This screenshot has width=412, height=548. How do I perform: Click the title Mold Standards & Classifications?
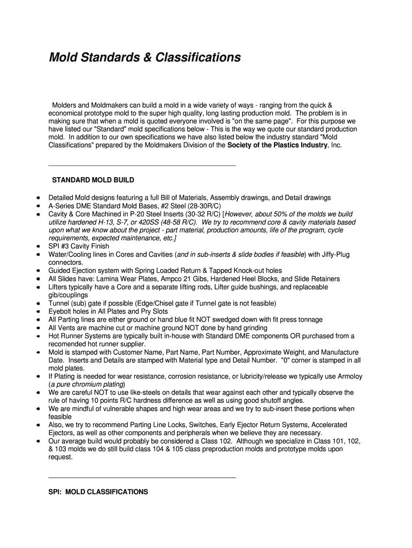coord(144,57)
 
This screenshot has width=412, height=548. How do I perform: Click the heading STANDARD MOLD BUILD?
coord(93,180)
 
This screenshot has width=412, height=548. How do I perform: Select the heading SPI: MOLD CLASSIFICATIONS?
coord(98,491)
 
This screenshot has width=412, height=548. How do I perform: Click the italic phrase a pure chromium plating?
coord(87,384)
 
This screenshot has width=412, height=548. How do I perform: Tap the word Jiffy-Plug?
coord(332,255)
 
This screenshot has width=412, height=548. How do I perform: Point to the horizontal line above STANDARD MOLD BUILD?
coord(142,166)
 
